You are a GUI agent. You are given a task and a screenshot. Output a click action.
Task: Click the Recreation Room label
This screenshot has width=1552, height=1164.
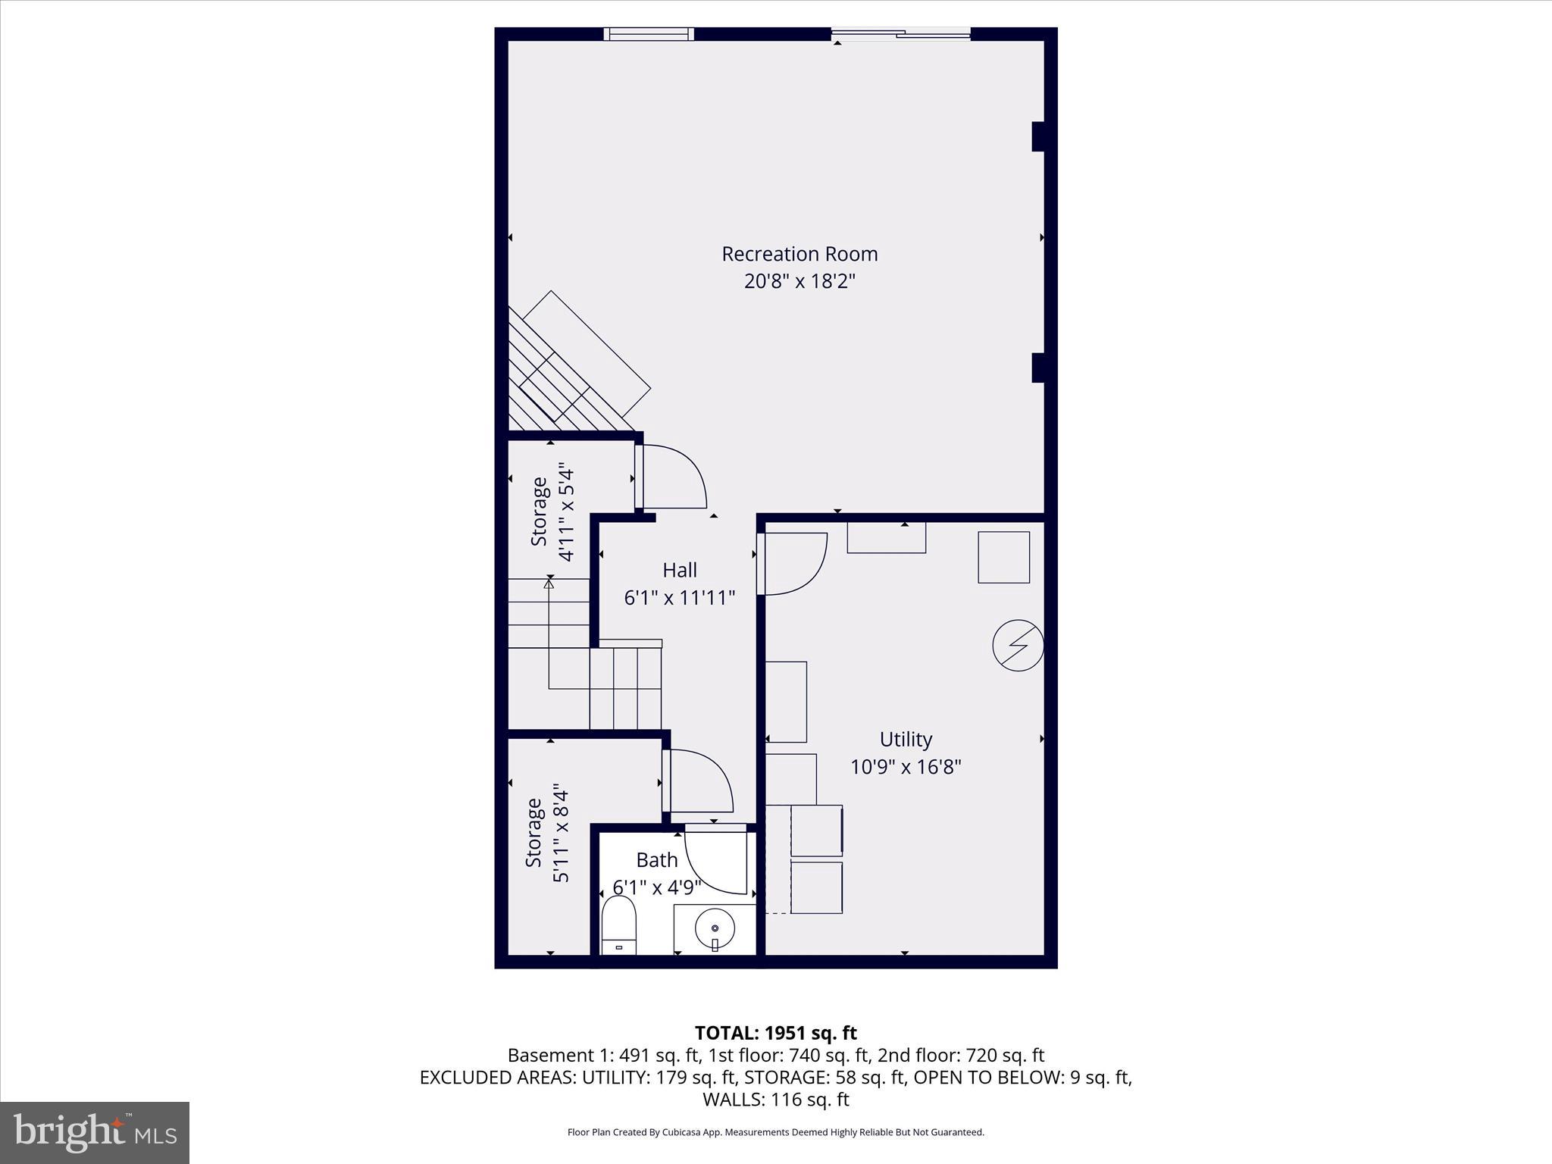[x=799, y=254]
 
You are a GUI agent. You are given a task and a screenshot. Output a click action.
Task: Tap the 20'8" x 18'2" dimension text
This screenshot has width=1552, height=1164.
[x=799, y=282]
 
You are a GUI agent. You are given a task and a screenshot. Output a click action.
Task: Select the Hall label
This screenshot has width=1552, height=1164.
[x=680, y=570]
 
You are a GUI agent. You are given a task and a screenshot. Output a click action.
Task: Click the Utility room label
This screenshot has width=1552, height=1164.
[x=906, y=739]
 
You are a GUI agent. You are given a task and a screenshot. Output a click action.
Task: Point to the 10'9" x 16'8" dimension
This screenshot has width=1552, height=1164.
[x=906, y=767]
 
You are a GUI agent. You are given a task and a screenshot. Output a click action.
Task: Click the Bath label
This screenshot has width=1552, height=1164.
[x=656, y=860]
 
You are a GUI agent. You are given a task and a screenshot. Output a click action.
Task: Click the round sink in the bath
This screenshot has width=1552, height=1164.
[x=715, y=928]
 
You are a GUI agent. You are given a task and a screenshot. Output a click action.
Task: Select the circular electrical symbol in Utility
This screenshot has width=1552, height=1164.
[x=1018, y=646]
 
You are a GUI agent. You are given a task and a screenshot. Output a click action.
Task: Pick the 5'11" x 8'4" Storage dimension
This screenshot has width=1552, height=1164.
[x=561, y=834]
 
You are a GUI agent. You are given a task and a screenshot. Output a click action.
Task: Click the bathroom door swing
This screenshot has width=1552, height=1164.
[x=716, y=862]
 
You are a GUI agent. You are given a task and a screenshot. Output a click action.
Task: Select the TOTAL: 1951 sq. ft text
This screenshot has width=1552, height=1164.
[x=775, y=1033]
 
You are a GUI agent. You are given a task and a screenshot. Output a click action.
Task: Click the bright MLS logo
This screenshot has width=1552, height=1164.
[x=95, y=1133]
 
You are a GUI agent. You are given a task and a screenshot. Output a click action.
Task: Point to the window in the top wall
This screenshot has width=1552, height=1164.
[x=649, y=33]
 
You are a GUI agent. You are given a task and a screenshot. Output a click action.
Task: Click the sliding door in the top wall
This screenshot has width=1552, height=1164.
[x=900, y=33]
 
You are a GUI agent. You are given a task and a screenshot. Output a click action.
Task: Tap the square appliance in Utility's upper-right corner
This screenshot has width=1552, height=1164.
[x=1003, y=557]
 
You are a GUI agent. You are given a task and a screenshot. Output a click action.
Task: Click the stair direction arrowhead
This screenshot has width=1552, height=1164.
[x=549, y=582]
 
